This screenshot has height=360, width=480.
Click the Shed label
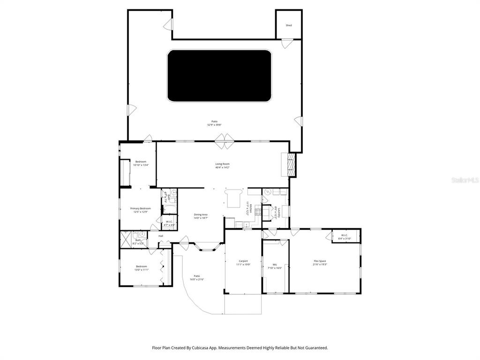pyautogui.click(x=289, y=25)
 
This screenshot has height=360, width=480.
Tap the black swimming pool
pyautogui.click(x=219, y=76)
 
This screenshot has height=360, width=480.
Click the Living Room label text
pyautogui.click(x=222, y=164)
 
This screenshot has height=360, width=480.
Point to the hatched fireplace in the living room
pyautogui.click(x=291, y=165)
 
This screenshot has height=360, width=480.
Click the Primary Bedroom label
pyautogui.click(x=140, y=209)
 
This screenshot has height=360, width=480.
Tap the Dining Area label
pyautogui.click(x=201, y=214)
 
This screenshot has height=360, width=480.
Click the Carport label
pyautogui.click(x=243, y=261)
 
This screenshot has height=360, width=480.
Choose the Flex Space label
pyautogui.click(x=320, y=261)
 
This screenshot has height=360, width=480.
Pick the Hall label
pyautogui.click(x=161, y=236)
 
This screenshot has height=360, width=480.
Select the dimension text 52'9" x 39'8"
pyautogui.click(x=214, y=125)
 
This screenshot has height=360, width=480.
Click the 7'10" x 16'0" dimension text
pyautogui.click(x=275, y=268)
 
